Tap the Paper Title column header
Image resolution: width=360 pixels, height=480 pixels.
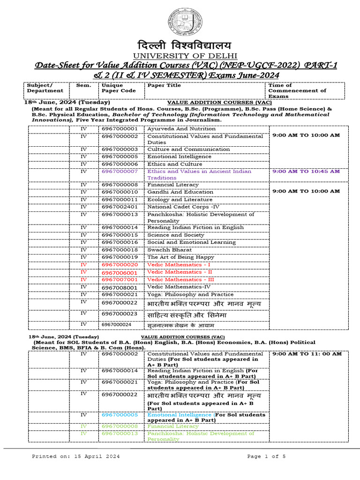pyautogui.click(x=165, y=86)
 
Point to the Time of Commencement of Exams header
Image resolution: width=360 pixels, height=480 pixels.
pyautogui.click(x=297, y=90)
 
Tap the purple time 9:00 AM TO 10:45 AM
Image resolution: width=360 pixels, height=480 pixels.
pyautogui.click(x=306, y=172)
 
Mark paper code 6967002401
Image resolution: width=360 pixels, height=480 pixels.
pyautogui.click(x=120, y=207)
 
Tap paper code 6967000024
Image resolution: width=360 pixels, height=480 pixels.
pyautogui.click(x=117, y=324)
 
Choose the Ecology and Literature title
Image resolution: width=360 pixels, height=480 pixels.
pyautogui.click(x=180, y=199)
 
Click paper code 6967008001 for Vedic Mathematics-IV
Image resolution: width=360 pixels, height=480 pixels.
pyautogui.click(x=120, y=287)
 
